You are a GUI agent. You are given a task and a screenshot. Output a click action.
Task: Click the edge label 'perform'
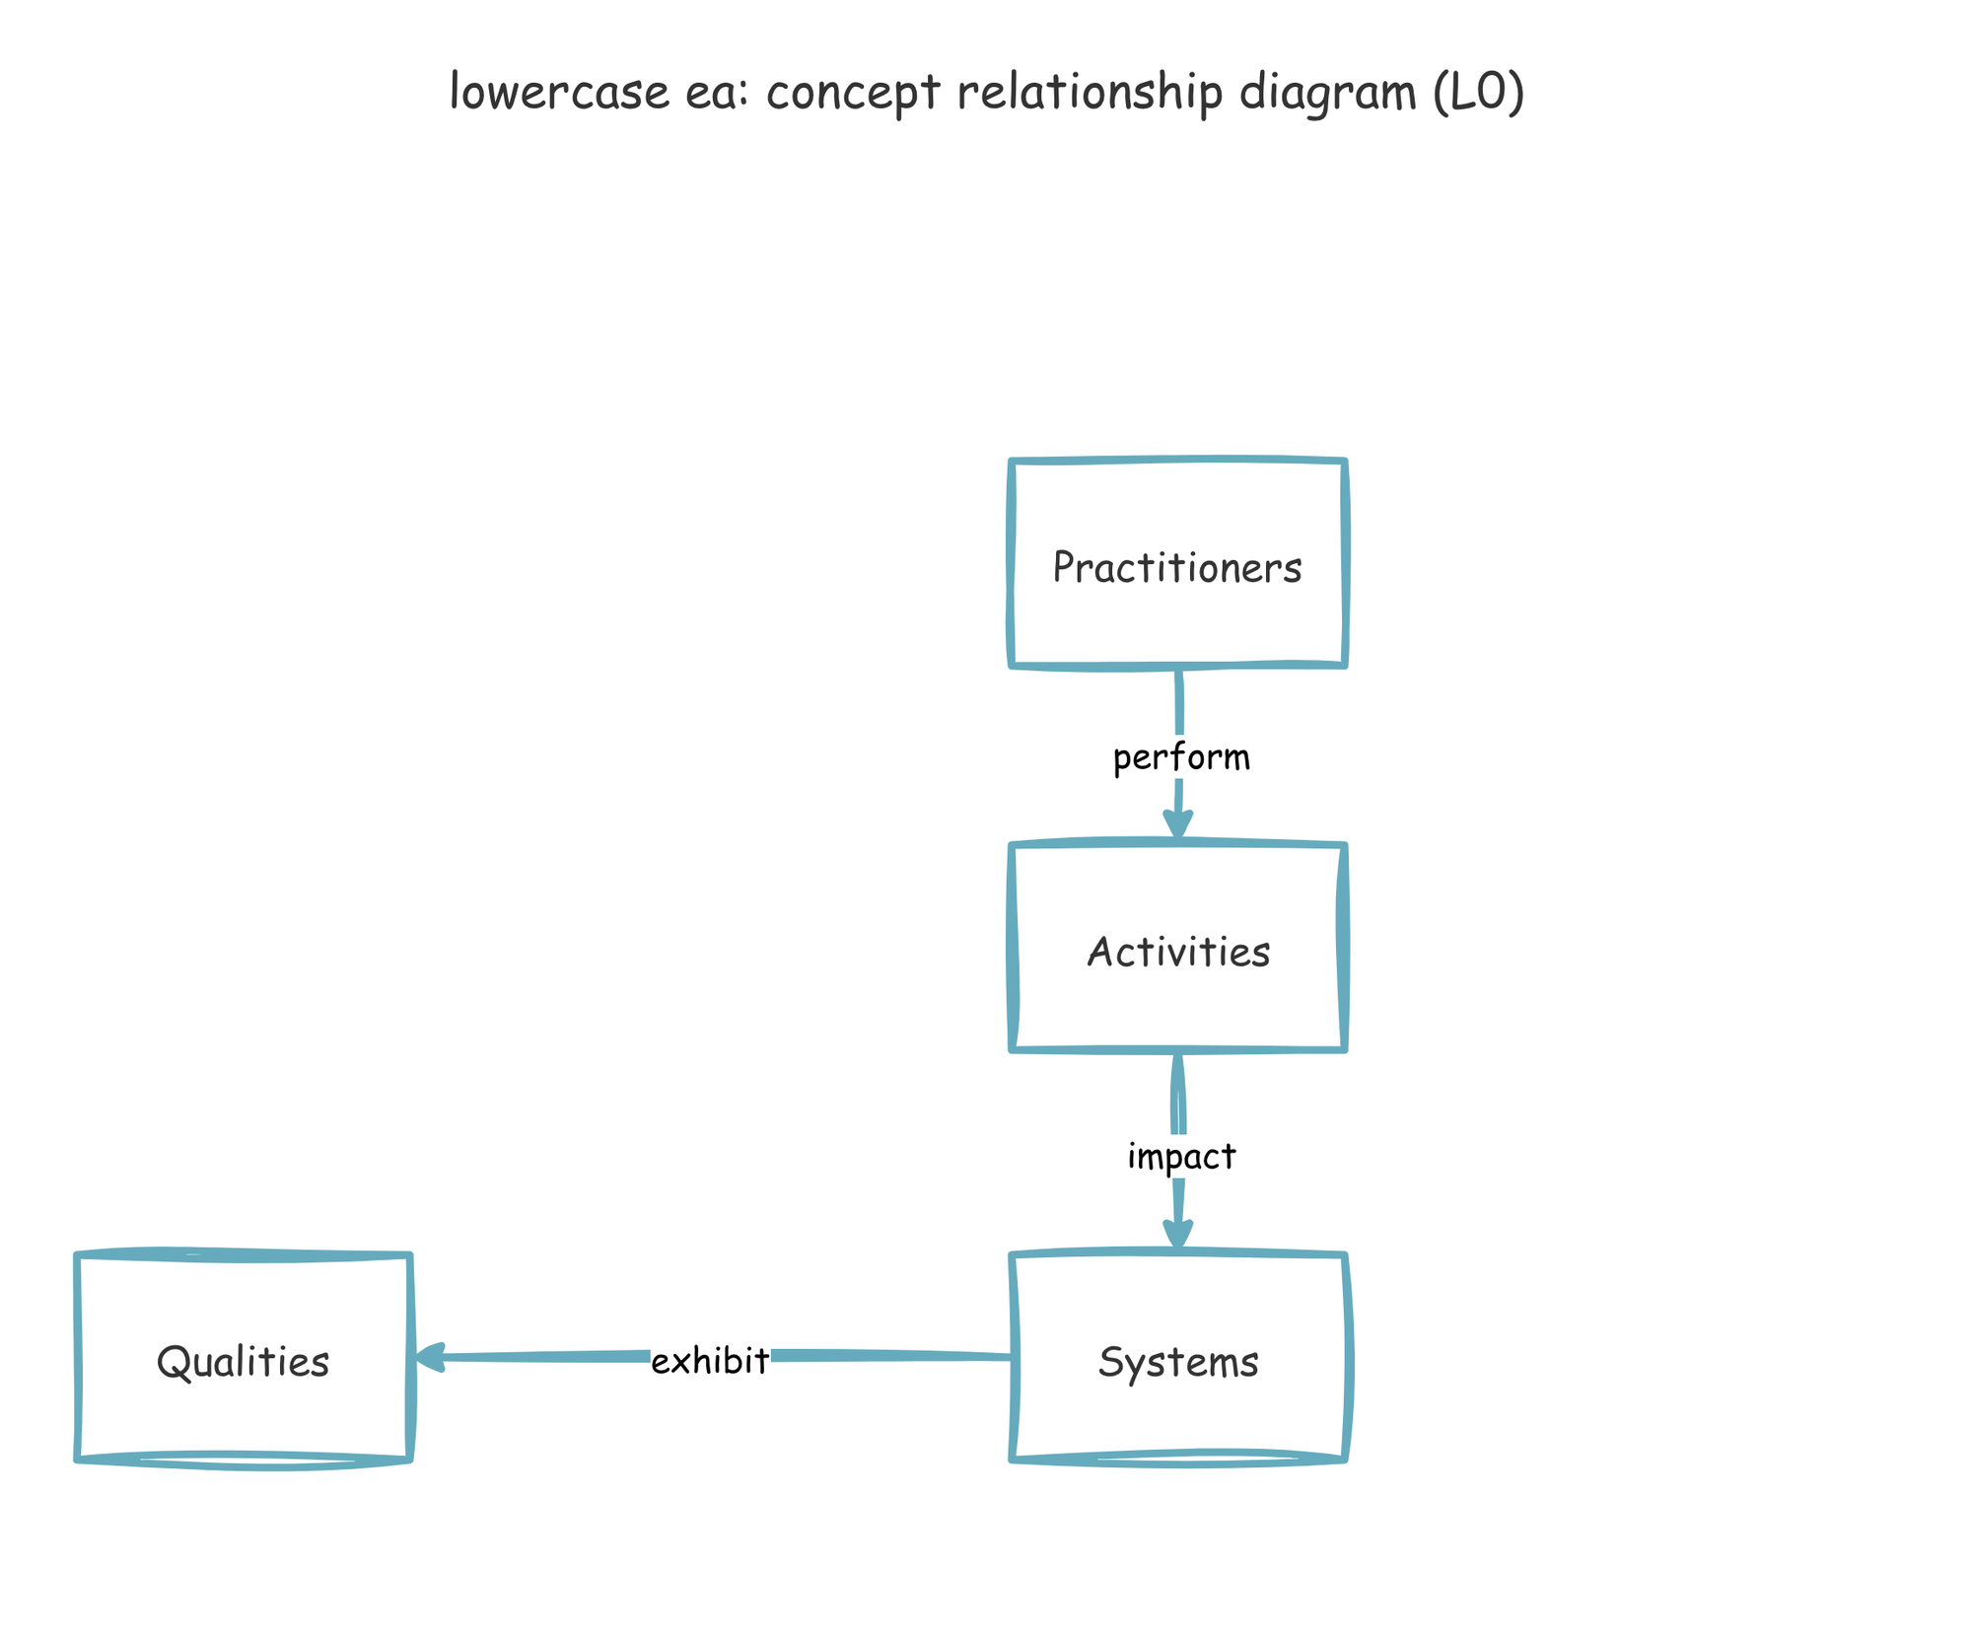[1180, 757]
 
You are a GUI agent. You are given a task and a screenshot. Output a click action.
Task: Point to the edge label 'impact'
[1180, 1156]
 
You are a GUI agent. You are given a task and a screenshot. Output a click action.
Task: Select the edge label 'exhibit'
[710, 1361]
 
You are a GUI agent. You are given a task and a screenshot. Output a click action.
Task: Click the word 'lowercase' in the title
[559, 92]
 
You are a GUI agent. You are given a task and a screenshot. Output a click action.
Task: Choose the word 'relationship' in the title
[1090, 94]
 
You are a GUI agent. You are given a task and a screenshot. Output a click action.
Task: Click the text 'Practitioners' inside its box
[1177, 567]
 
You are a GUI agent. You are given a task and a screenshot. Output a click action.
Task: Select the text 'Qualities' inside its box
[243, 1362]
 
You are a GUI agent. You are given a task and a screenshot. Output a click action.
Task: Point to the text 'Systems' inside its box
[1177, 1362]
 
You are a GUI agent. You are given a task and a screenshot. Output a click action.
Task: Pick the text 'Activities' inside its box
[1177, 952]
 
